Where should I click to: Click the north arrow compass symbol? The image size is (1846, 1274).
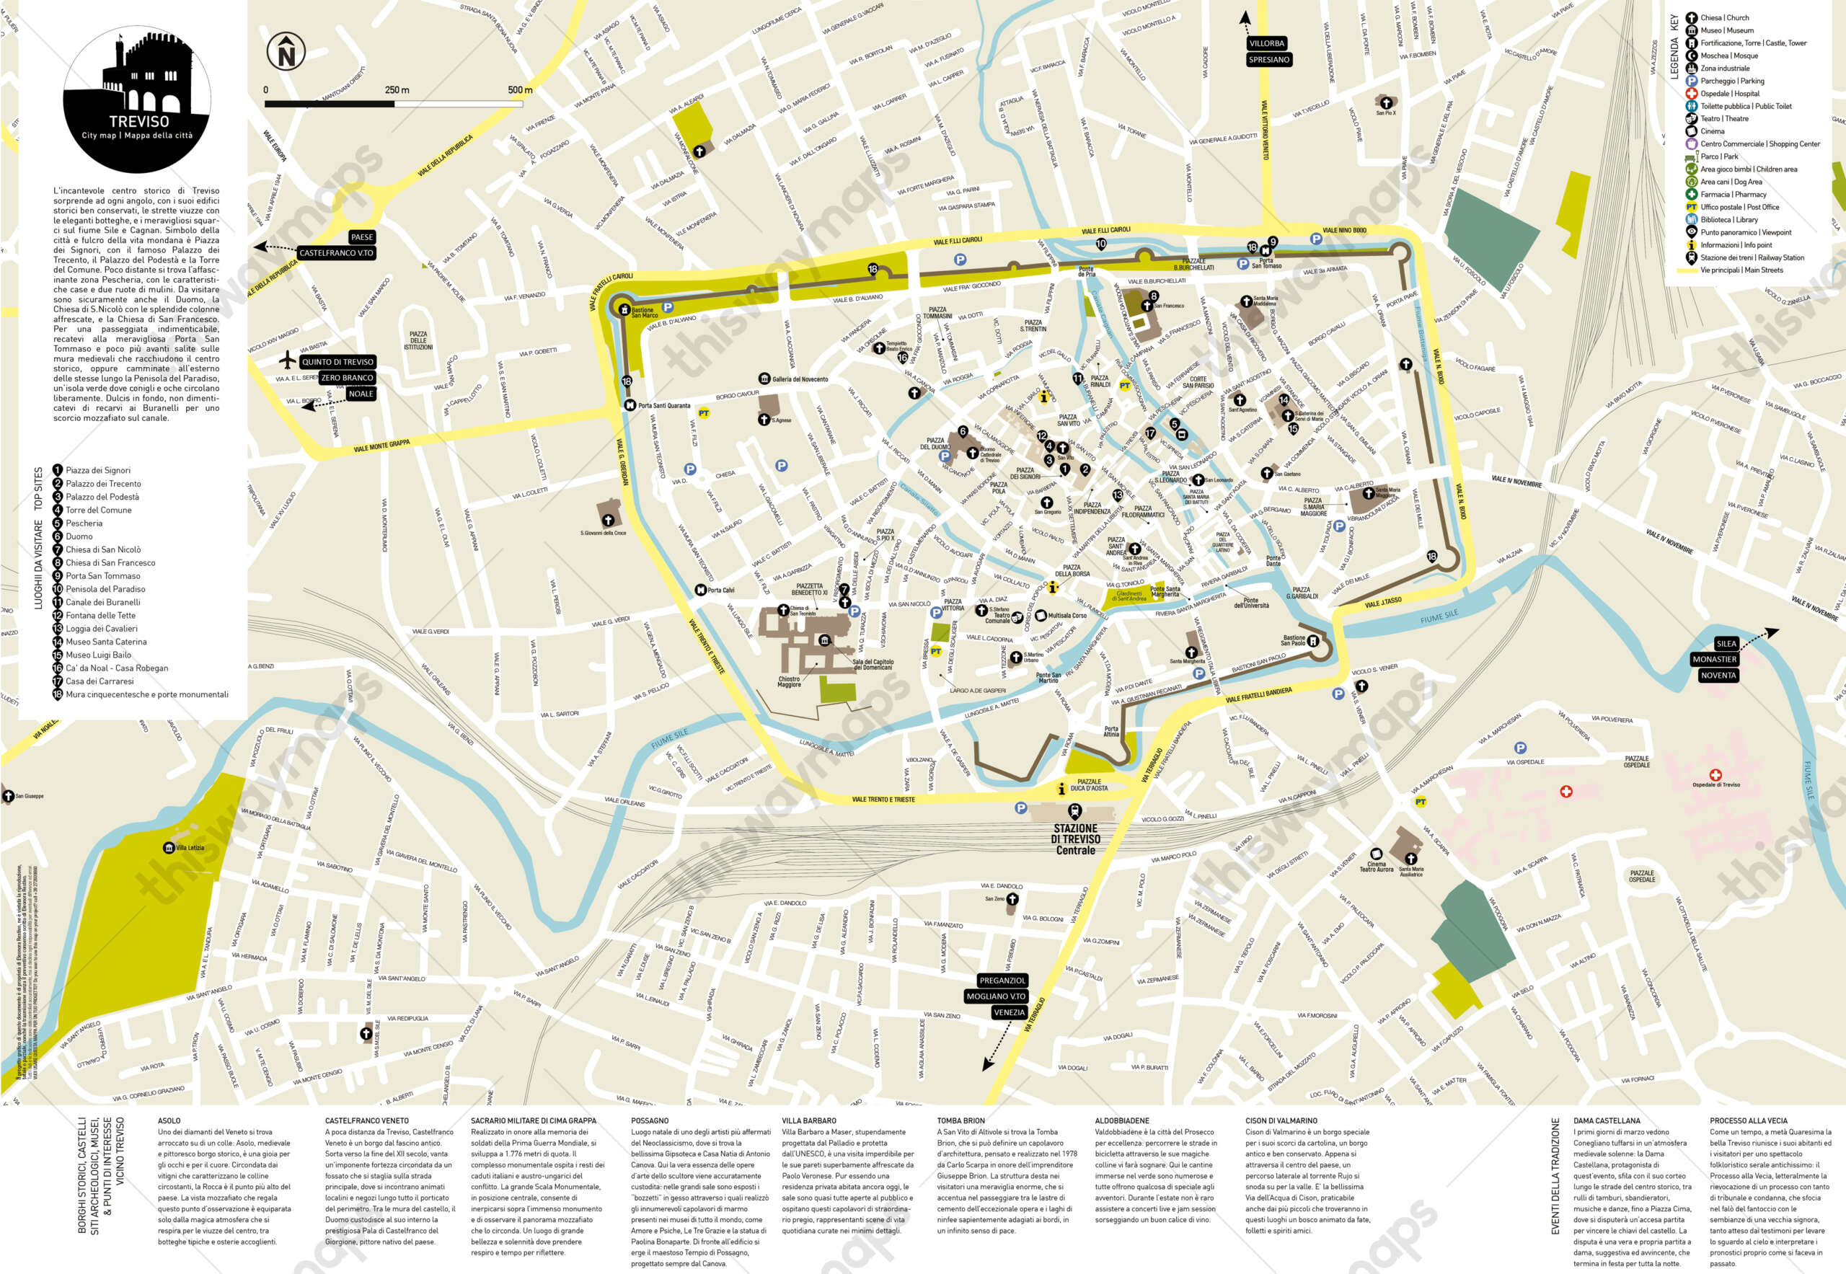click(286, 52)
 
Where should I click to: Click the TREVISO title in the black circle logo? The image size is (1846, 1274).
click(139, 122)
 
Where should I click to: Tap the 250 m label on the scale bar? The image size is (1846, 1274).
click(397, 89)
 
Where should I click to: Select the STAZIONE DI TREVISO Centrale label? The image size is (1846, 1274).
click(1075, 839)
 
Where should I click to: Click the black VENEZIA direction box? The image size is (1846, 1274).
click(1008, 1012)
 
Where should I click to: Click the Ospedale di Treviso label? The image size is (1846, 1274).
click(1716, 784)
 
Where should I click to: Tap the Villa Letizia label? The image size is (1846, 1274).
click(190, 848)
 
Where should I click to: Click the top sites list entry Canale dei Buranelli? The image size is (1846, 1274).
click(102, 602)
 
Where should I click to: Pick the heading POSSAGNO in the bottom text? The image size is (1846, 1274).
click(649, 1120)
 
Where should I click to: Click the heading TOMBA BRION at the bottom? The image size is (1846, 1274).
click(960, 1120)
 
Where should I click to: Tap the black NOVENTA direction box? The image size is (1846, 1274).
click(1718, 676)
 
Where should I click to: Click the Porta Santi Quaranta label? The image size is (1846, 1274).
click(663, 405)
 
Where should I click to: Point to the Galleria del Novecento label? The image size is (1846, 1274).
click(799, 379)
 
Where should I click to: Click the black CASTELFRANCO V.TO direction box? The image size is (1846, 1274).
click(336, 253)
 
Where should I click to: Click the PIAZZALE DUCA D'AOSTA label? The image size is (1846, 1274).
click(1089, 784)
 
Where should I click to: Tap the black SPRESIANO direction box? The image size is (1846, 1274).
click(1268, 60)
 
